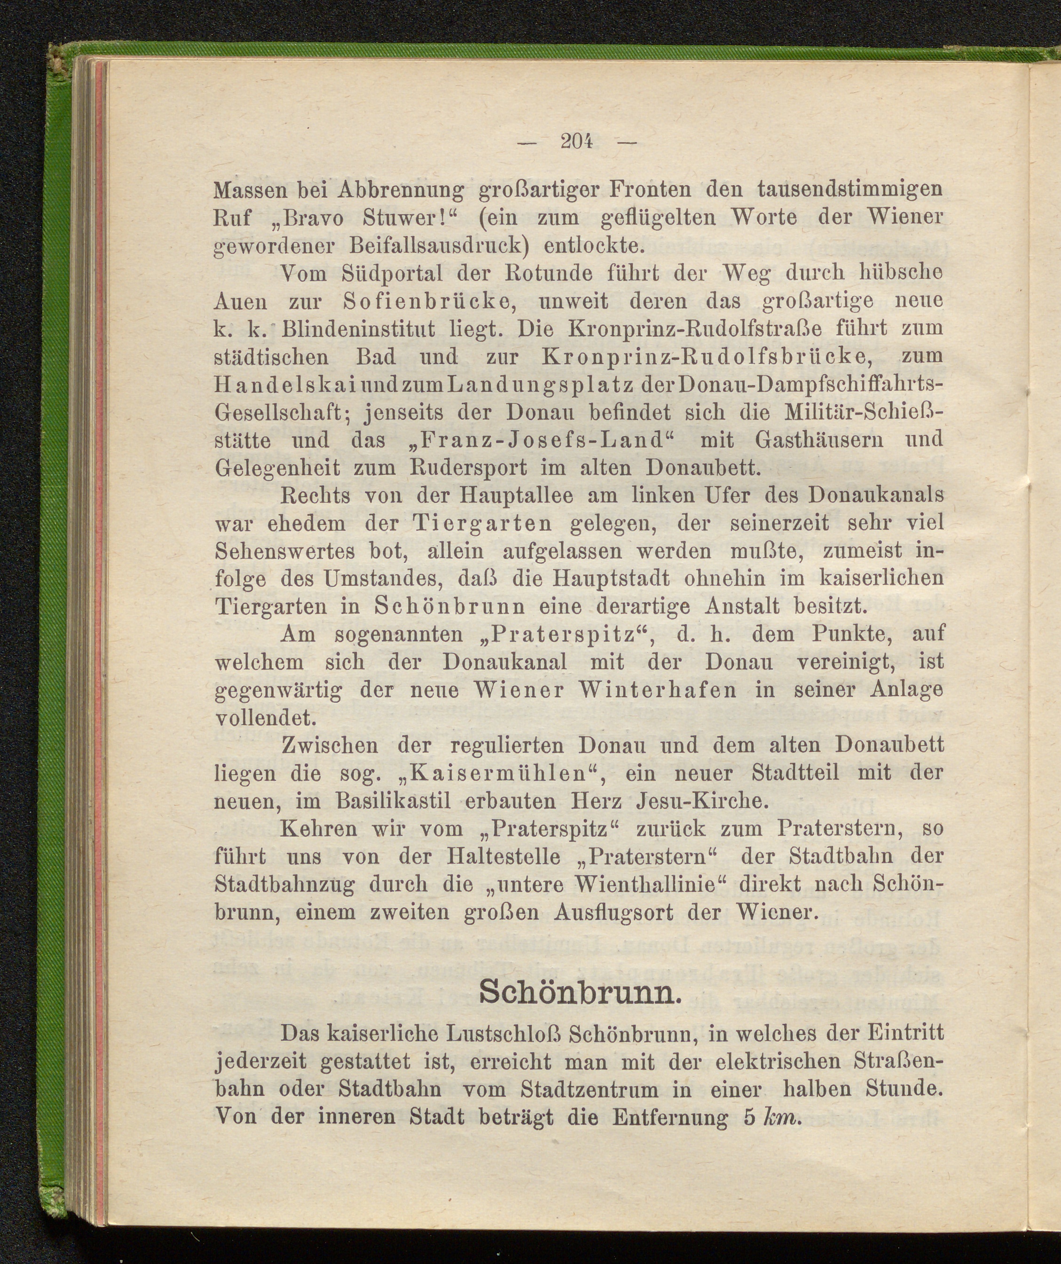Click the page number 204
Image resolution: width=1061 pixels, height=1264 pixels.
pos(576,142)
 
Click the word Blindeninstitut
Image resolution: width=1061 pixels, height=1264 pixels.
pos(367,329)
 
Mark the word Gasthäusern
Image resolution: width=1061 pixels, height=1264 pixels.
pos(820,440)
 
